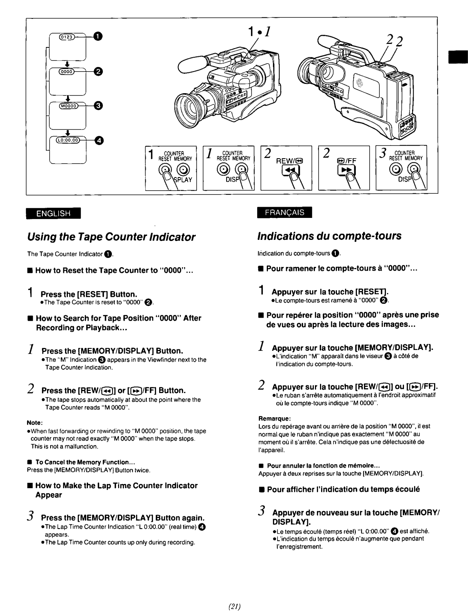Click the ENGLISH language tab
[x=53, y=213]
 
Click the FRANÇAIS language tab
[x=285, y=212]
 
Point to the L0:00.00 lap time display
[x=68, y=141]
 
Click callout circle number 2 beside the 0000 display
[x=98, y=71]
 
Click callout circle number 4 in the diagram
[x=98, y=141]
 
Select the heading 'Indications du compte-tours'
[x=329, y=236]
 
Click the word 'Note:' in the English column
[x=34, y=423]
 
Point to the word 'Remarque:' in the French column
[x=274, y=418]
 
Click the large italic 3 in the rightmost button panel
[x=383, y=153]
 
